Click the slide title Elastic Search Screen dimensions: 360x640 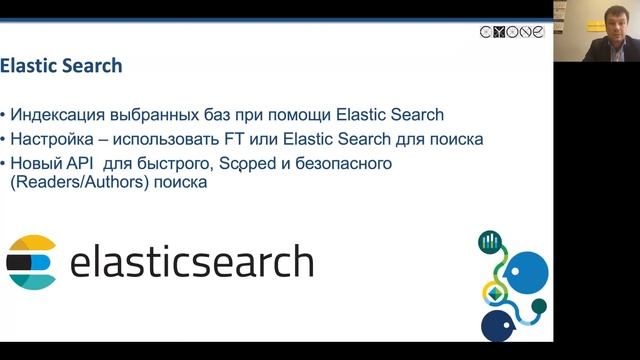tap(61, 67)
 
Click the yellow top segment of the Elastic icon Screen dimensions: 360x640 tap(31, 244)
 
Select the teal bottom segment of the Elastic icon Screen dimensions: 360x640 tap(31, 281)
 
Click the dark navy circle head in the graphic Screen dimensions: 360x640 tap(498, 324)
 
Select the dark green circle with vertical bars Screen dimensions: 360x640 tap(490, 241)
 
